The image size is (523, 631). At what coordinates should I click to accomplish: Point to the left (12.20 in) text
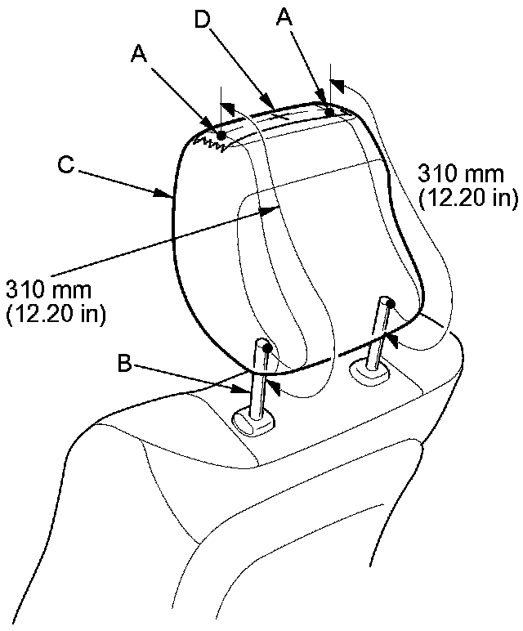(x=55, y=313)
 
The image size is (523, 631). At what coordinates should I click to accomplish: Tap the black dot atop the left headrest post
(x=267, y=349)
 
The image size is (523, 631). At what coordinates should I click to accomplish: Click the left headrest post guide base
(x=255, y=422)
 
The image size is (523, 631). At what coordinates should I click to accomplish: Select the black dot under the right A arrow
(x=329, y=112)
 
